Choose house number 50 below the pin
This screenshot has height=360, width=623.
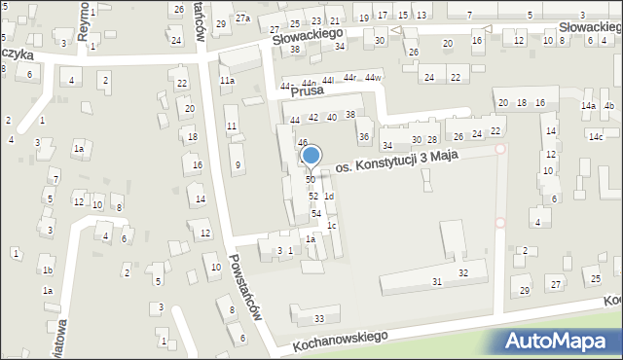pos(311,180)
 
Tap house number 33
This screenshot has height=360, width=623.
pos(318,319)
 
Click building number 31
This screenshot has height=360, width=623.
pos(437,281)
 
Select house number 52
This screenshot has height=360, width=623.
pos(313,197)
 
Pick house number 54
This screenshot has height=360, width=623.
pos(315,213)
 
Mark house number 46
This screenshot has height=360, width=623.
pos(303,143)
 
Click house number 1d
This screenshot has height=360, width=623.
pos(329,197)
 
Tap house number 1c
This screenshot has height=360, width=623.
pos(332,226)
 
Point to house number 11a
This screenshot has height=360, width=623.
pos(227,81)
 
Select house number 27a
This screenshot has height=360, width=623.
pos(242,18)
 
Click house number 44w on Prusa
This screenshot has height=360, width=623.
pos(374,77)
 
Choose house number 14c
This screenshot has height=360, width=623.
pos(595,137)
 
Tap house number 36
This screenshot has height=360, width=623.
pos(363,137)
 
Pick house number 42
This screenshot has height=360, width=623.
pos(313,118)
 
